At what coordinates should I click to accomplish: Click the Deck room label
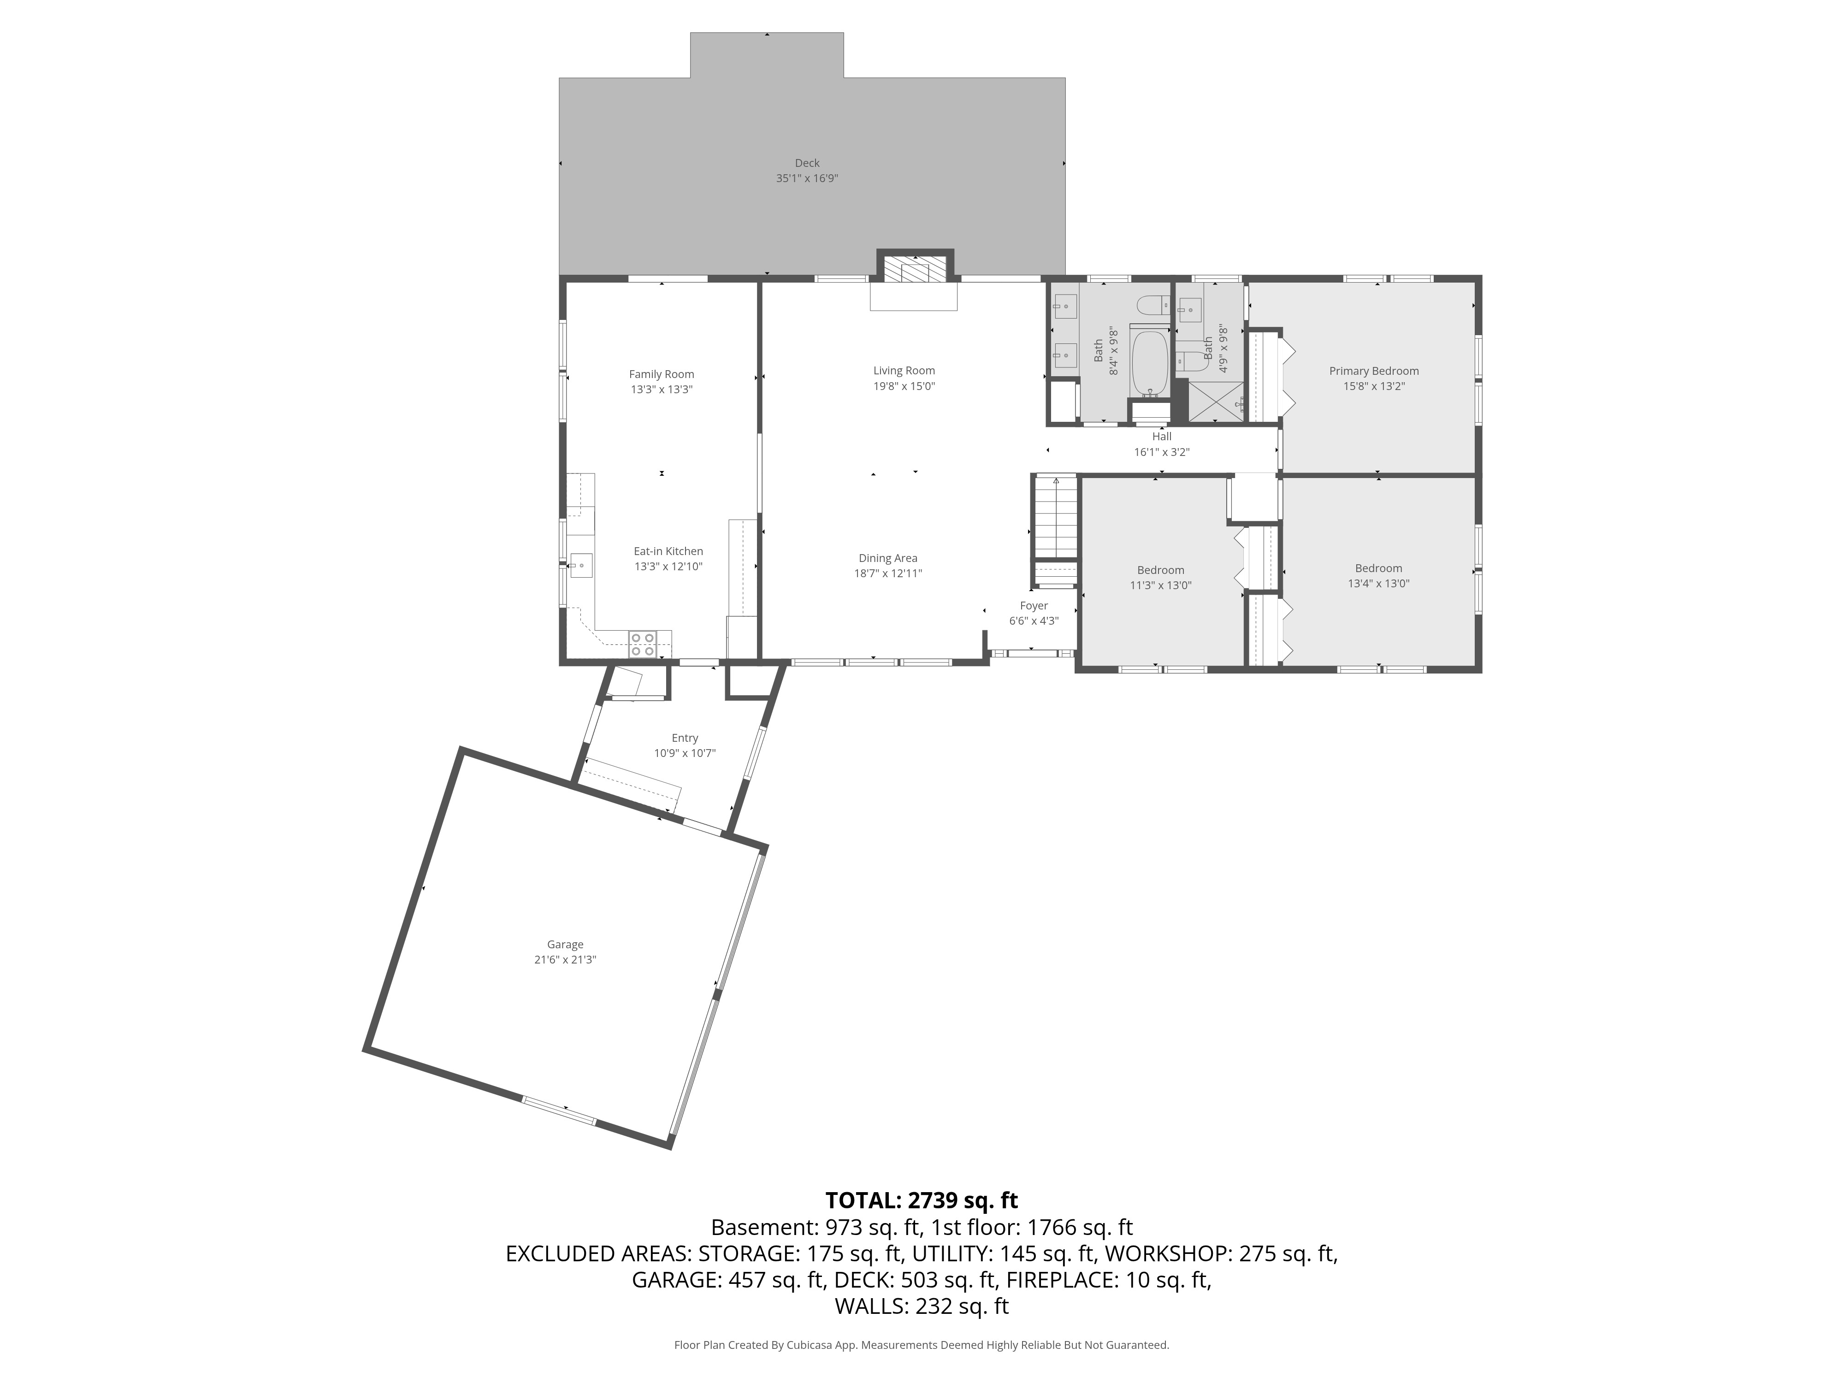coord(807,163)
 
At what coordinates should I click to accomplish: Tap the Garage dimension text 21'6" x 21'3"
coord(565,959)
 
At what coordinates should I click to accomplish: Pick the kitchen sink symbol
coord(581,565)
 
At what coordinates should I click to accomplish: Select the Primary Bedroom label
coord(1374,371)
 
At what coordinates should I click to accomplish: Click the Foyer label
coord(1034,606)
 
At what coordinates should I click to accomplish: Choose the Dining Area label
coord(888,559)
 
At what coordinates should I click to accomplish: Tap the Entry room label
coord(685,738)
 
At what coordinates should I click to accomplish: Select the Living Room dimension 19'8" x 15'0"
coord(904,386)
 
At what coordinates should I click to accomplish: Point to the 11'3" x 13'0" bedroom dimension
coord(1160,585)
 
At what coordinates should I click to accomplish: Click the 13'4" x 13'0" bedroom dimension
coord(1379,584)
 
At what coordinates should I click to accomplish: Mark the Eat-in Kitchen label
coord(668,551)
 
